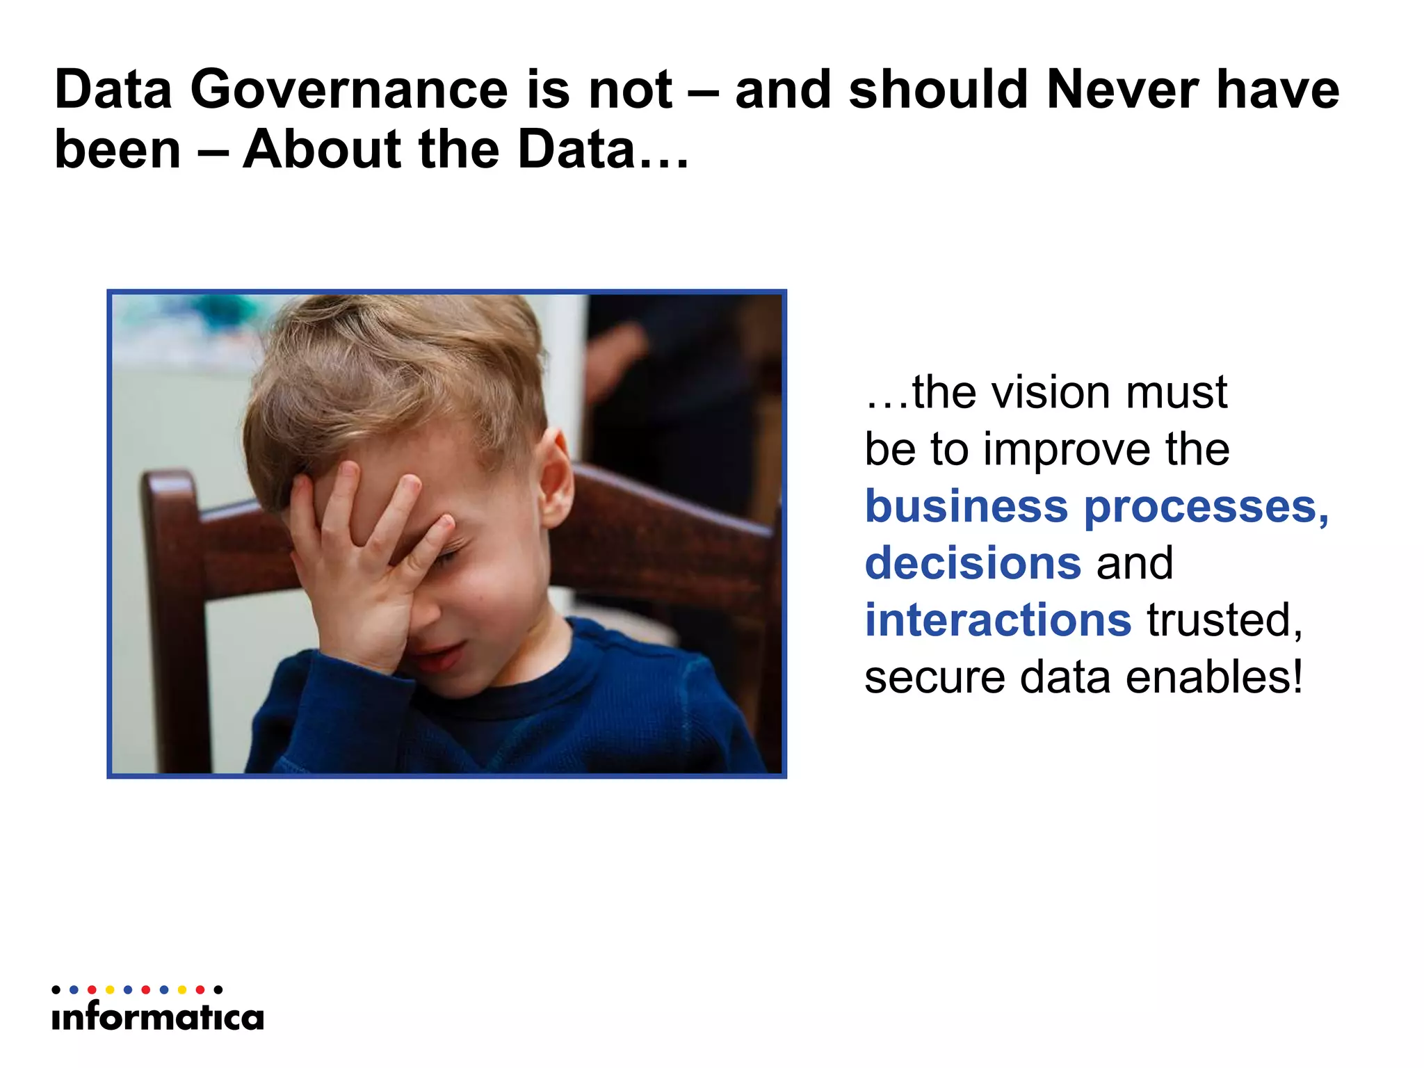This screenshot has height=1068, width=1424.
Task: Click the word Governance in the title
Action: click(x=349, y=90)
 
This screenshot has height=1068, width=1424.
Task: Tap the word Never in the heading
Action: click(x=1122, y=90)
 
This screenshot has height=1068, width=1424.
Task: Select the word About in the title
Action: click(x=322, y=150)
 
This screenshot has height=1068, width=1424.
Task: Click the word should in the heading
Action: click(x=939, y=90)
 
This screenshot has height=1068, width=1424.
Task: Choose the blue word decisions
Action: click(x=973, y=563)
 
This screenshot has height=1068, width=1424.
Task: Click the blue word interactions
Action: click(x=998, y=620)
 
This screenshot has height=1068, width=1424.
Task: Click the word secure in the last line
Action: click(x=934, y=678)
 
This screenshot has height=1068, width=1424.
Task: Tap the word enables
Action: click(x=1213, y=678)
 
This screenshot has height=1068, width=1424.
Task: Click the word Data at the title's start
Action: click(x=113, y=90)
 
